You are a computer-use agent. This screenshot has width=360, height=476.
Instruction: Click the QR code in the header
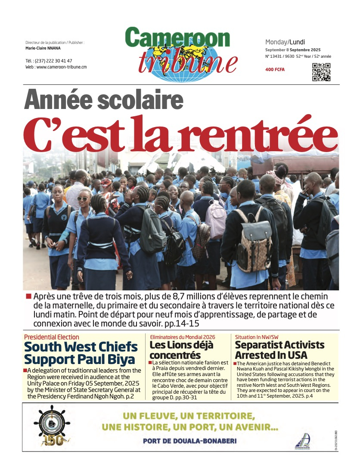(x=321, y=72)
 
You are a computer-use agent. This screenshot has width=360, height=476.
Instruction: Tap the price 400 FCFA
(x=275, y=70)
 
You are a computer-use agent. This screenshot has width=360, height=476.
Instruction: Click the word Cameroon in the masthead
(x=177, y=38)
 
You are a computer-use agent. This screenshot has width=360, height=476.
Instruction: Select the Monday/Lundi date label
(x=285, y=42)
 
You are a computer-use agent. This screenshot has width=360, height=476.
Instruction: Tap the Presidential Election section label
(x=52, y=337)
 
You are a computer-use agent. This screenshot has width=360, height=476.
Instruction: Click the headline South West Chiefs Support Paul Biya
(x=81, y=353)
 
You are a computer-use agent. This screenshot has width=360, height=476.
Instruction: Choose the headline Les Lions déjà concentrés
(x=181, y=350)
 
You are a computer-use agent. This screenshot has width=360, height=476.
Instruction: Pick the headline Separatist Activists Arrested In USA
(x=279, y=350)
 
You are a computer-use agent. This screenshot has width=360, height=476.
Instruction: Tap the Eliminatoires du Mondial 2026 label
(x=183, y=337)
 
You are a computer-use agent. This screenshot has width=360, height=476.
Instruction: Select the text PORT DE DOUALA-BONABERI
(x=189, y=441)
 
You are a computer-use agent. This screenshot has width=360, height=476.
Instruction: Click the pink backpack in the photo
(x=216, y=219)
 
